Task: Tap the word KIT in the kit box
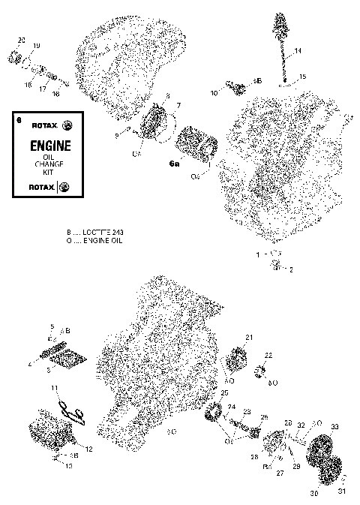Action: pyautogui.click(x=50, y=173)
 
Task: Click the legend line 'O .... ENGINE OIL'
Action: pyautogui.click(x=94, y=241)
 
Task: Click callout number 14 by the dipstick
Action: pyautogui.click(x=298, y=51)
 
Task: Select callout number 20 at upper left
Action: pyautogui.click(x=21, y=39)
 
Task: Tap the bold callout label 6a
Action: pyautogui.click(x=174, y=163)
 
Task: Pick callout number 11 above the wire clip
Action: pyautogui.click(x=54, y=387)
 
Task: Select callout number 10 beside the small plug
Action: pyautogui.click(x=214, y=93)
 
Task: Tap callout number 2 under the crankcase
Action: pyautogui.click(x=291, y=269)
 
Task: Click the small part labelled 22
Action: pyautogui.click(x=265, y=369)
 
